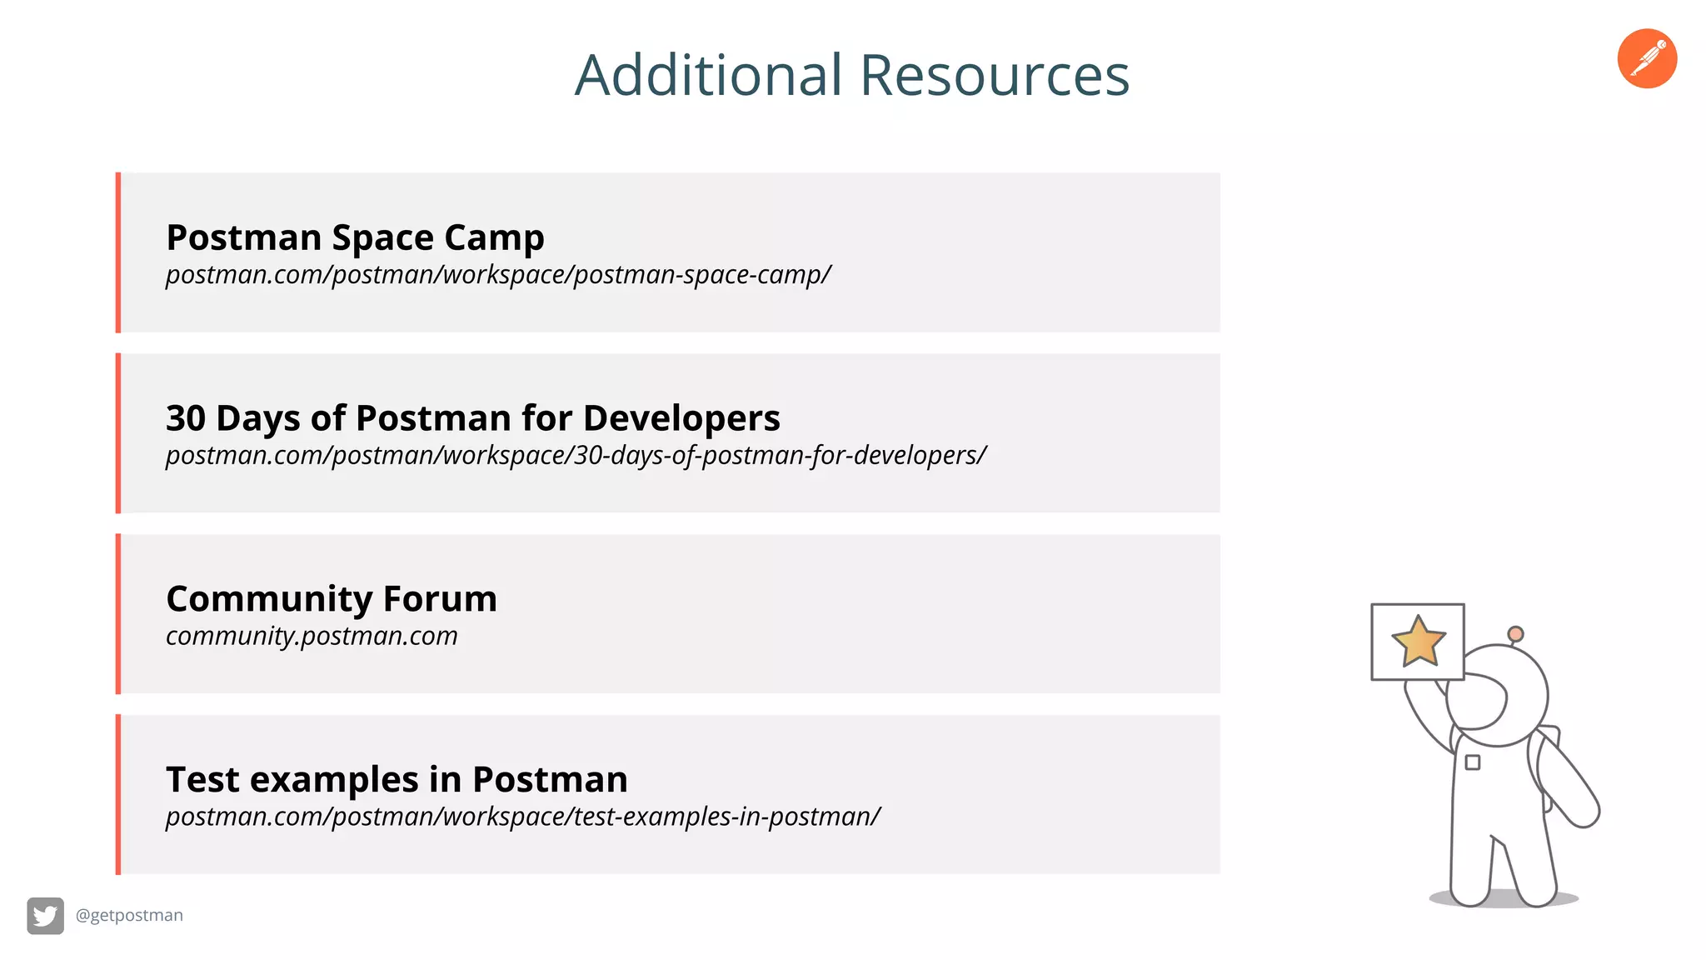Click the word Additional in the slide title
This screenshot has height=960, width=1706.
(709, 75)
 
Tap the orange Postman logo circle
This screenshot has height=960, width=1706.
(1647, 58)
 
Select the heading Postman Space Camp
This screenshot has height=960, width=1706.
(355, 237)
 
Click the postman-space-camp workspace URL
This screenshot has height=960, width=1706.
(498, 275)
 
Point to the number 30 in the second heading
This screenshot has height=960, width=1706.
(186, 417)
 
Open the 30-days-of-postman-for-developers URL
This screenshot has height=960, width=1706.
(576, 456)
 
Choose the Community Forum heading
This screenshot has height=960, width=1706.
(332, 598)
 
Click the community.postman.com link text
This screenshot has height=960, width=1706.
(312, 636)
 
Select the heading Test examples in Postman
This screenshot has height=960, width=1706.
(397, 779)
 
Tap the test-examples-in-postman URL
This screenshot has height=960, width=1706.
(522, 817)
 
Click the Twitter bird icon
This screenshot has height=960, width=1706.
(45, 916)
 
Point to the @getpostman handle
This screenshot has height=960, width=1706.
(129, 915)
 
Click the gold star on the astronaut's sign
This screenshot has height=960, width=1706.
(1418, 642)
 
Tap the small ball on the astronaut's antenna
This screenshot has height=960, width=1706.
(1516, 634)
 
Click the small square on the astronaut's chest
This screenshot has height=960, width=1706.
(1473, 762)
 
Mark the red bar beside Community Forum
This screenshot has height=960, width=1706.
(118, 613)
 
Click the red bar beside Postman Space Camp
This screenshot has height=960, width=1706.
(118, 252)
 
